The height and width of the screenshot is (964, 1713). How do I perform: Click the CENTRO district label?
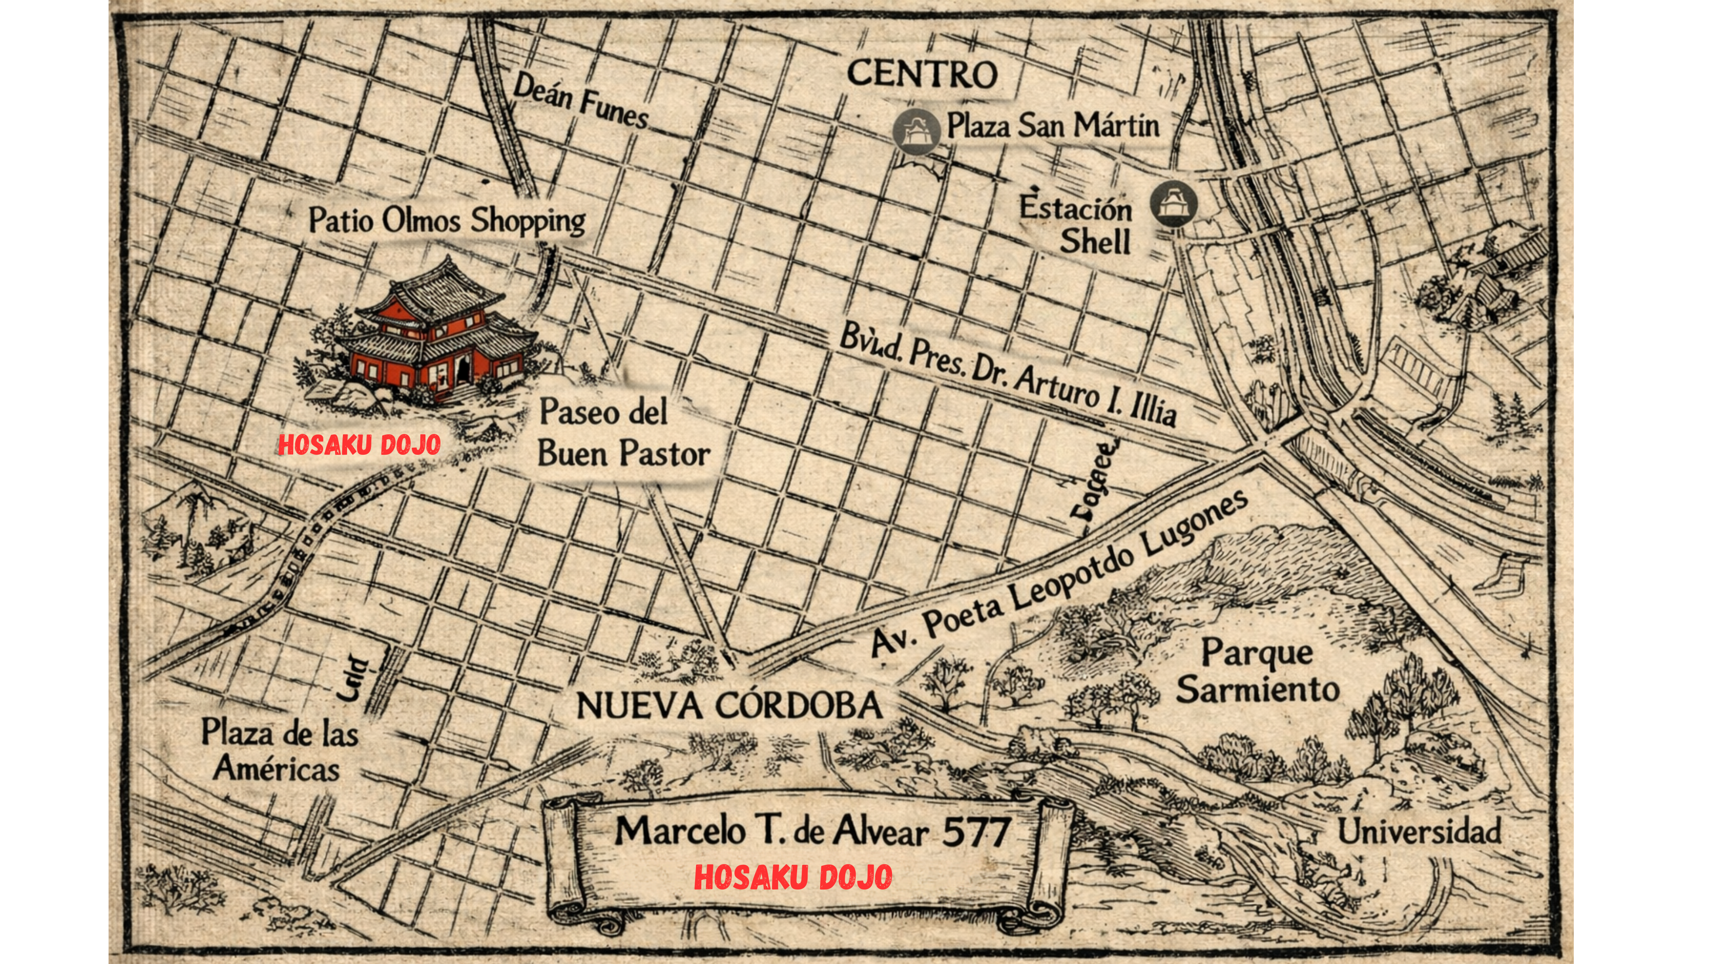click(x=922, y=74)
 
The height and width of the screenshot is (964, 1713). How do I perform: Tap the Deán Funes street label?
click(x=580, y=102)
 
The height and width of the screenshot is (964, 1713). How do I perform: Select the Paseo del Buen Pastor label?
click(x=623, y=433)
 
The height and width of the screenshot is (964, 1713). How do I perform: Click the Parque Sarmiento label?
click(x=1257, y=671)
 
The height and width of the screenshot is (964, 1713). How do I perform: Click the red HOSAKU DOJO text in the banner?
click(x=793, y=877)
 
